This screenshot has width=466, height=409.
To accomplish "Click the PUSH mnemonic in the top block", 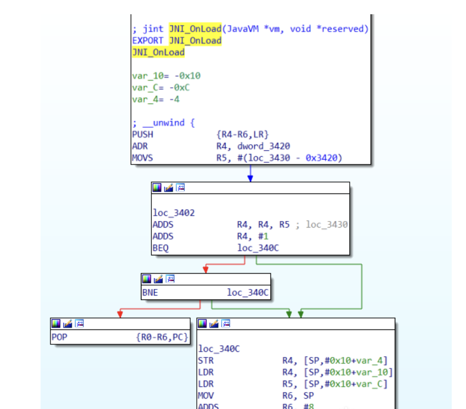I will [143, 134].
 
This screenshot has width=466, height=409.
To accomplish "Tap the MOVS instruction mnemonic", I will [143, 158].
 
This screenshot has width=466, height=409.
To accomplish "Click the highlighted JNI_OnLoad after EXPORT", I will [195, 41].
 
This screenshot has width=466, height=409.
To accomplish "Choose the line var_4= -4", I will [156, 99].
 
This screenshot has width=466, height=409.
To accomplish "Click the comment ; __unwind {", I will [163, 123].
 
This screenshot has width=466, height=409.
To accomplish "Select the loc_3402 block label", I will [173, 213].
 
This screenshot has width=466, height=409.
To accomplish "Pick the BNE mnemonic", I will [150, 293].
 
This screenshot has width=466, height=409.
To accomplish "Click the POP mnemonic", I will [59, 337].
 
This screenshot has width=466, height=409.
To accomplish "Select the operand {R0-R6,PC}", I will [162, 337].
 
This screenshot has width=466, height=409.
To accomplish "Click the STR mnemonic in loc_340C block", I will [206, 361].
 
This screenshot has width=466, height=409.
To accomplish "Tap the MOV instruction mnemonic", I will [206, 395].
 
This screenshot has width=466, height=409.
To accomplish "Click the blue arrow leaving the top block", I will [250, 173].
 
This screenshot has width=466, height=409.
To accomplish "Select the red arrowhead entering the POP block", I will [120, 314].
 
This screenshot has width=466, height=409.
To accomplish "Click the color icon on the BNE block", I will [146, 279].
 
